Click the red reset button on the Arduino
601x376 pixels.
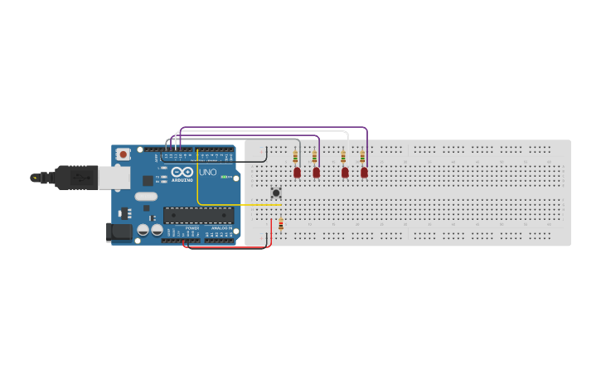tap(123, 154)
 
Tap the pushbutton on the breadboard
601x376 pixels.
tap(276, 193)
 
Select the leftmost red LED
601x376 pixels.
tap(297, 173)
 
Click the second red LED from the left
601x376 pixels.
tap(316, 173)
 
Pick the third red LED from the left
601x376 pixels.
tap(345, 173)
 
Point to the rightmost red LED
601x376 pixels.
tap(364, 173)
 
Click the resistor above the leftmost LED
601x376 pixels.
tap(295, 156)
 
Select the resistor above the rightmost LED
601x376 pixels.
tap(362, 156)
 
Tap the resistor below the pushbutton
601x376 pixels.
tap(281, 224)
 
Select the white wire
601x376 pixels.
tap(265, 131)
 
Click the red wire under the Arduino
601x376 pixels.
tap(224, 247)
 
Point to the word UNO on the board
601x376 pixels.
tap(208, 173)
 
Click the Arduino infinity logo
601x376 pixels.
tap(182, 172)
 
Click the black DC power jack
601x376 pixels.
tap(119, 232)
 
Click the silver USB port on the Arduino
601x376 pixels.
tap(113, 177)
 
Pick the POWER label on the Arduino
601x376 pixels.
tap(192, 227)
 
